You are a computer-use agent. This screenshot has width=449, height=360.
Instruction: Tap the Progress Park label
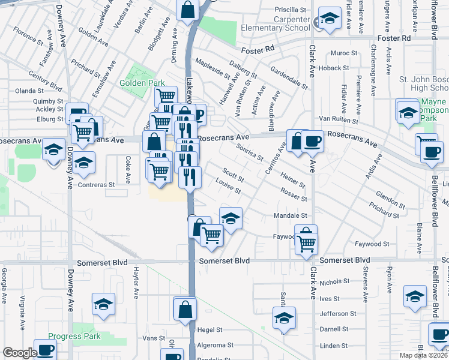pos(74,336)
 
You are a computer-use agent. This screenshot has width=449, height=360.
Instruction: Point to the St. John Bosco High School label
pos(424,84)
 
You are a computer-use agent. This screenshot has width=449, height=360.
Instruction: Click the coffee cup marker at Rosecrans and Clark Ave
pos(312,142)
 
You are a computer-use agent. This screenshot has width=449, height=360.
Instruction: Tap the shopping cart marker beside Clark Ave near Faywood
pos(306,244)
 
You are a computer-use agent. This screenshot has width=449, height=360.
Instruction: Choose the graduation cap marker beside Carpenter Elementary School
pos(329,20)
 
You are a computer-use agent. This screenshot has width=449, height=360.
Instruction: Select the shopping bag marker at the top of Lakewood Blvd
pos(187,9)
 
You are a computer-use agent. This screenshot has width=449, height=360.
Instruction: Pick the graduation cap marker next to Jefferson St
pos(284,319)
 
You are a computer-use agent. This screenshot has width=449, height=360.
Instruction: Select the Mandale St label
pos(290,215)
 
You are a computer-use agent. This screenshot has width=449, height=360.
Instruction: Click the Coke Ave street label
pos(128,169)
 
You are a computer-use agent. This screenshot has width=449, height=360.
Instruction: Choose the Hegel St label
pos(211,330)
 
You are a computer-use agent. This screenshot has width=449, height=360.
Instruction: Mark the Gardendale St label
pos(288,75)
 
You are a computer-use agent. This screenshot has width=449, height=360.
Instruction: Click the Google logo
pos(20,353)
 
